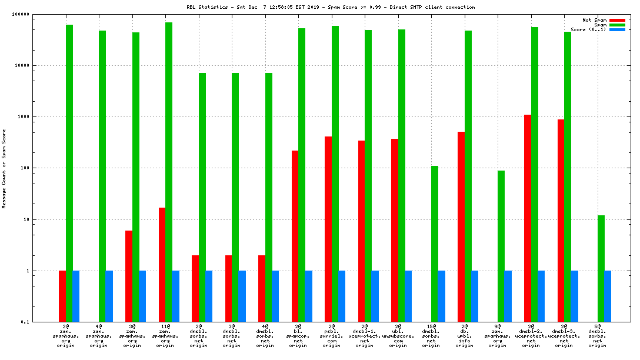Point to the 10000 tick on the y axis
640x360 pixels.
click(22, 65)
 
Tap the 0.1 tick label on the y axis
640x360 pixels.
click(24, 322)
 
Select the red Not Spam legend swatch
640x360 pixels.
click(617, 20)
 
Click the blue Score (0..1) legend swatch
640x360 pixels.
click(617, 29)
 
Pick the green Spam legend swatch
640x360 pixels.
click(617, 25)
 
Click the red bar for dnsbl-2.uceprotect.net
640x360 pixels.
click(528, 218)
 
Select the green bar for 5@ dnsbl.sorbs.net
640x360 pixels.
click(601, 268)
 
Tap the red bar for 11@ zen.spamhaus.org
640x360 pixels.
click(162, 265)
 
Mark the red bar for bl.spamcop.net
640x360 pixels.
click(295, 236)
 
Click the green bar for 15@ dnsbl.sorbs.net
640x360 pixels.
click(435, 244)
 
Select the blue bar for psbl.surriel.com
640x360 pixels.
click(342, 296)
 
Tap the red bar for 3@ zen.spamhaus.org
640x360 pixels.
click(129, 276)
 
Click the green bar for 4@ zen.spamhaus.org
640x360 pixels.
click(102, 176)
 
